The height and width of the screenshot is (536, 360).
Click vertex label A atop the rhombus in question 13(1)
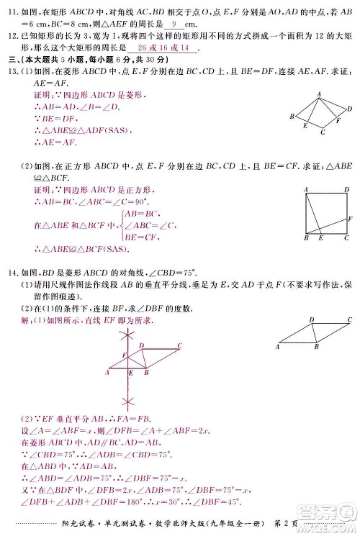tap(318, 94)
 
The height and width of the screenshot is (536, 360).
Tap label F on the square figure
tap(349, 217)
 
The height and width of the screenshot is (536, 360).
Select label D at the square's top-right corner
tap(345, 189)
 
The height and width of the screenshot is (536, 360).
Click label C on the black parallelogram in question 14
tap(349, 319)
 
